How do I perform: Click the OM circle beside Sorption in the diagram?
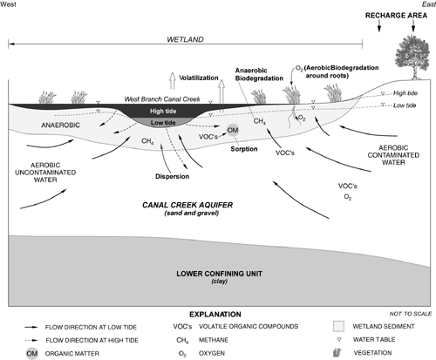pos(232,130)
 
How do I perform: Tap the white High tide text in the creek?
pos(188,112)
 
